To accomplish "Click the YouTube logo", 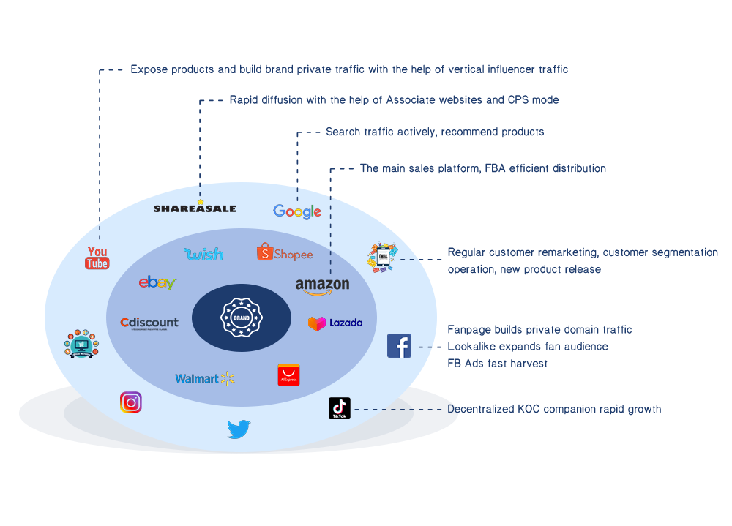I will pyautogui.click(x=97, y=258).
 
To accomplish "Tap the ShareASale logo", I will pyautogui.click(x=195, y=208).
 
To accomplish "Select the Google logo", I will pyautogui.click(x=297, y=211).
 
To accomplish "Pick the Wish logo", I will pyautogui.click(x=203, y=254).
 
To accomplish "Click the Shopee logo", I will pyautogui.click(x=285, y=253).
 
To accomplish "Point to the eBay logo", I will pyautogui.click(x=157, y=282).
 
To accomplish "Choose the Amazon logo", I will pyautogui.click(x=322, y=285).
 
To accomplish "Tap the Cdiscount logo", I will pyautogui.click(x=149, y=323).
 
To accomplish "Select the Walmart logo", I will pyautogui.click(x=204, y=378).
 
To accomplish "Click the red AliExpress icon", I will pyautogui.click(x=288, y=375).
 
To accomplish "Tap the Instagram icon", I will pyautogui.click(x=131, y=402).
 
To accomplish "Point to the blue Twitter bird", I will pyautogui.click(x=239, y=429).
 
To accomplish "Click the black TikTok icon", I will pyautogui.click(x=340, y=408).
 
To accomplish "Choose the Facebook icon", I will pyautogui.click(x=399, y=345).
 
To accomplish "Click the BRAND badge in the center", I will pyautogui.click(x=242, y=318).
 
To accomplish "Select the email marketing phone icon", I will pyautogui.click(x=382, y=258).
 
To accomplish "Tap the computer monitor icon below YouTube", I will pyautogui.click(x=81, y=343).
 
